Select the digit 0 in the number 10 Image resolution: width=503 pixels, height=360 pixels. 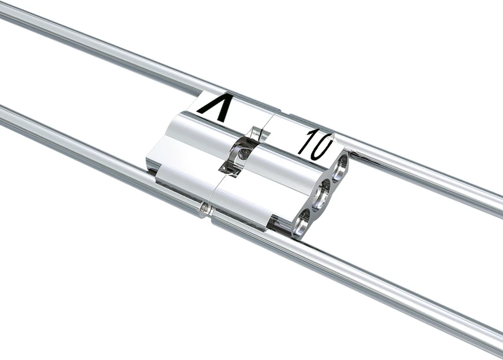point(322,145)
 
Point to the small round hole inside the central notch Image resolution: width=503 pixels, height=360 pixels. point(243,153)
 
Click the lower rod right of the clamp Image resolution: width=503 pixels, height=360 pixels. point(402,297)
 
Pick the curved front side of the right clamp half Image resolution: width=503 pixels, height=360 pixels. point(267,191)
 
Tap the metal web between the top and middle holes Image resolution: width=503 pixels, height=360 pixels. point(333,177)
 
